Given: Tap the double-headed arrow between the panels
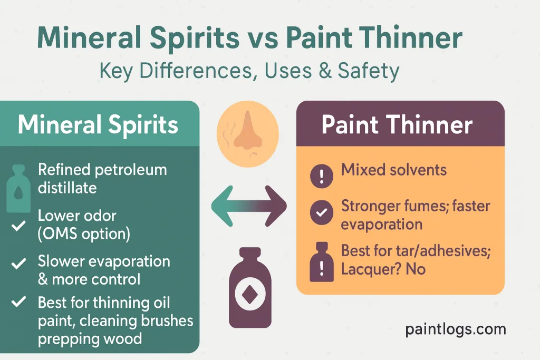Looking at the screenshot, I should pos(249,206).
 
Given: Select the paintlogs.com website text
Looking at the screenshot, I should pos(456,329).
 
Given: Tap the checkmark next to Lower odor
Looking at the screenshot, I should pos(18,226).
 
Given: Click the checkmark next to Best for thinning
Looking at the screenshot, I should pos(19,302).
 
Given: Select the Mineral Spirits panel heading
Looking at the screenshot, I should pos(98,125).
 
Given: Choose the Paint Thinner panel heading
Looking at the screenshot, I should pos(397,125).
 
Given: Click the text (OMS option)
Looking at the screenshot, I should pos(83,233).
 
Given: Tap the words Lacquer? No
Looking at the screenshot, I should pos(383,269).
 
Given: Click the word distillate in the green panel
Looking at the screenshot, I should pos(67,187).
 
